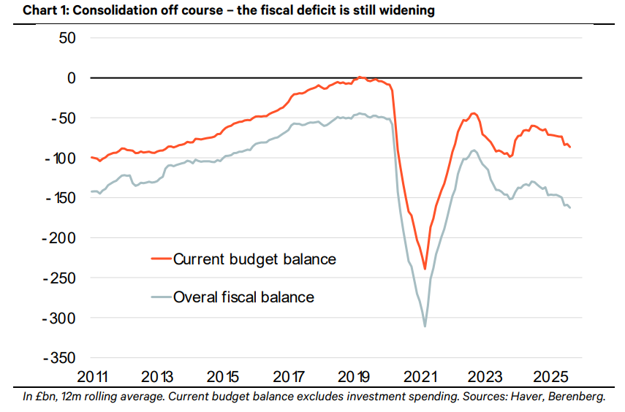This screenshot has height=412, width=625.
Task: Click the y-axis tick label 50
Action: (x=67, y=38)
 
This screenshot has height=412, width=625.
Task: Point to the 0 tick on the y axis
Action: (x=72, y=77)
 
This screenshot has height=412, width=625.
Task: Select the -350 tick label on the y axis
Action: (x=58, y=358)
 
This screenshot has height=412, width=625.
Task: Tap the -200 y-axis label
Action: (x=58, y=237)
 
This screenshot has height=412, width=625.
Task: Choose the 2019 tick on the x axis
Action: (x=355, y=378)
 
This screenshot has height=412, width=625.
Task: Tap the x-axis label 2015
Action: (x=223, y=378)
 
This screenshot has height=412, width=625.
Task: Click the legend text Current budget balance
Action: (x=254, y=259)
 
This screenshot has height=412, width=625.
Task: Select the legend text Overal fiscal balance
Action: (x=243, y=297)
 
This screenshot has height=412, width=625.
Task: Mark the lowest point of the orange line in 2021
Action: (x=425, y=269)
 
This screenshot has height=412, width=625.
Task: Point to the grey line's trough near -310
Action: (x=425, y=326)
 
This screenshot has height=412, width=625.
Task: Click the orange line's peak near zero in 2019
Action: (x=359, y=77)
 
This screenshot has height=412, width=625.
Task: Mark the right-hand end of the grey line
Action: (x=570, y=209)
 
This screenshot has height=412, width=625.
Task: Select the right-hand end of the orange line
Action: (x=570, y=148)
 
